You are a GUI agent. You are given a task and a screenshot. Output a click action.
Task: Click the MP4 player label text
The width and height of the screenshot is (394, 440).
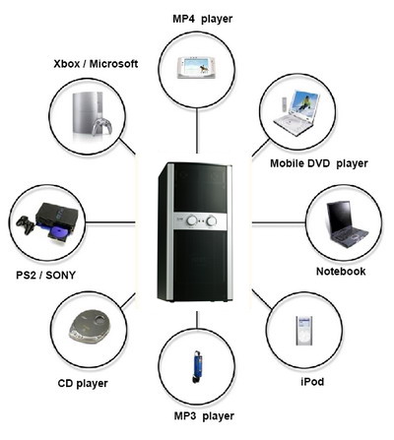point(203,19)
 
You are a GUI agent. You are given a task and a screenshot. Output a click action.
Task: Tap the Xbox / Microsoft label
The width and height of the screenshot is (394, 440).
point(96,64)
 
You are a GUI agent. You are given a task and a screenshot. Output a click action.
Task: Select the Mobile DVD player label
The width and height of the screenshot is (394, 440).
point(319,163)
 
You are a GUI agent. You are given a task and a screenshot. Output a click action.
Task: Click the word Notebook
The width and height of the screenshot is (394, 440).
point(341,272)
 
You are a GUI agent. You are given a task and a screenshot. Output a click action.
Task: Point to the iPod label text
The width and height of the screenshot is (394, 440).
point(312,382)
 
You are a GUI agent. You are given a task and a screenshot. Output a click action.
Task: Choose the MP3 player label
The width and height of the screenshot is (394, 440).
point(204,416)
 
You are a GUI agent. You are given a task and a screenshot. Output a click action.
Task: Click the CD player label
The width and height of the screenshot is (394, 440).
point(83,383)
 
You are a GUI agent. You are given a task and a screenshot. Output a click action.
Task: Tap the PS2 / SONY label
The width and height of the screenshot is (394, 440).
point(45,275)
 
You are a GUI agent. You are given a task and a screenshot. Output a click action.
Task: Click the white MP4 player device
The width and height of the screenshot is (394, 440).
point(196,68)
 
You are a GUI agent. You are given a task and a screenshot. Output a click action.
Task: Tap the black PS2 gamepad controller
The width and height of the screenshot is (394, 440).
point(26,224)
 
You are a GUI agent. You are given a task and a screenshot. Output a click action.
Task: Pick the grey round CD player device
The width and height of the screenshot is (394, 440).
point(90,327)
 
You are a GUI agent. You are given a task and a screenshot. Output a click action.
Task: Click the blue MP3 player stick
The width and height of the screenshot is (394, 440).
point(197,366)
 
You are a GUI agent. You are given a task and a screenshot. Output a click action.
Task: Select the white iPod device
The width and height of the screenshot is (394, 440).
point(304,331)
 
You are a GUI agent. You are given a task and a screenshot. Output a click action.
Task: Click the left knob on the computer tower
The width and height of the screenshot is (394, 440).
point(192,220)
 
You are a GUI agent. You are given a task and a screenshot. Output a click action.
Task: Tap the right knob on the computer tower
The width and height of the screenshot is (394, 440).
point(212,221)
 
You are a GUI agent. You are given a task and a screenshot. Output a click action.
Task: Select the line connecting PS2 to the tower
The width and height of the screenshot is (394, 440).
point(110,222)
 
